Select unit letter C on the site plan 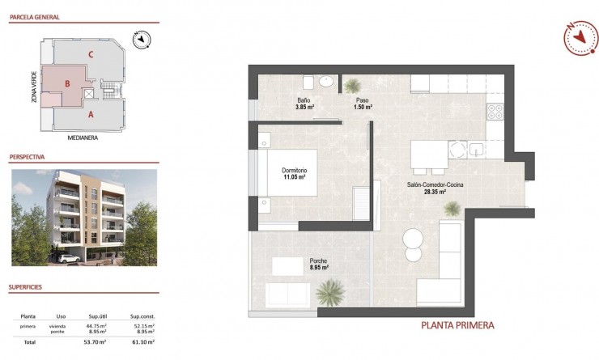tap(91, 55)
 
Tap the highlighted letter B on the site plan tap(68, 83)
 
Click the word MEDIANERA tap(83, 137)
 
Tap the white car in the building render tap(68, 259)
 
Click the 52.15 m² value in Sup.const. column tap(143, 324)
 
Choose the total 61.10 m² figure tap(143, 342)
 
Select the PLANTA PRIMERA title tap(457, 326)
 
